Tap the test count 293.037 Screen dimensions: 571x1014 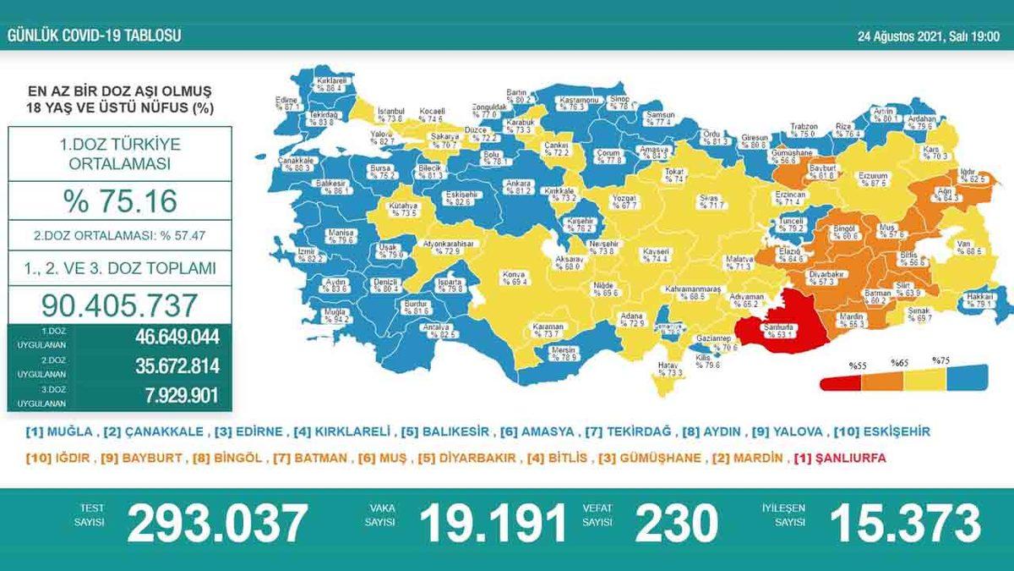point(216,524)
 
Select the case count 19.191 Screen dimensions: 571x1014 point(493,524)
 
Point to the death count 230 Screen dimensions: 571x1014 point(673,524)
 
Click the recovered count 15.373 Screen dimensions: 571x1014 point(905,524)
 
